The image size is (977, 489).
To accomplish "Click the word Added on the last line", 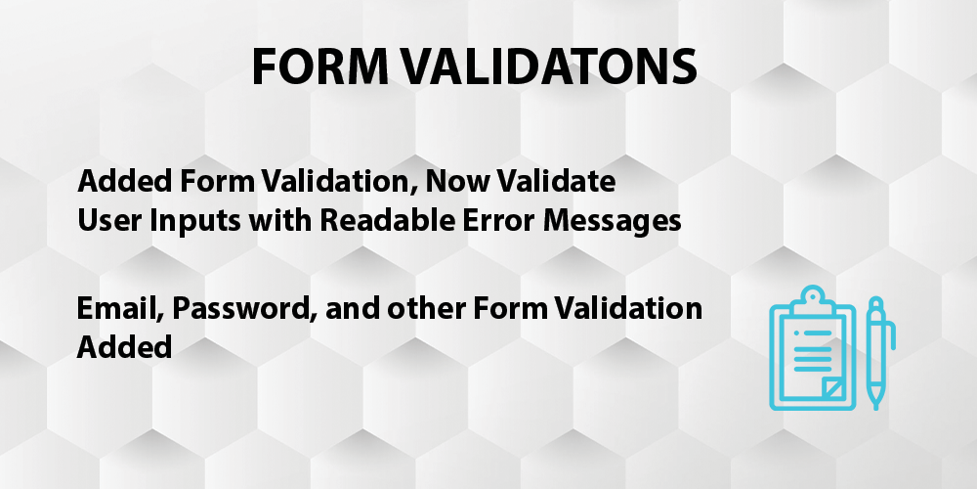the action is [x=124, y=346].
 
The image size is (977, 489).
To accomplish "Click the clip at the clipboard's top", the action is [x=812, y=300].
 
